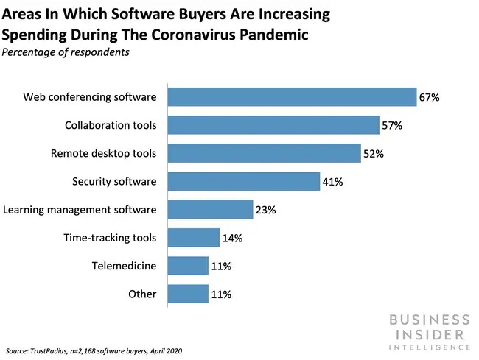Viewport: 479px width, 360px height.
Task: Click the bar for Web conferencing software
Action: point(293,97)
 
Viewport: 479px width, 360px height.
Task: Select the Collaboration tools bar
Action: point(273,125)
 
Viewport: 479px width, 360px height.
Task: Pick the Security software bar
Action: point(244,181)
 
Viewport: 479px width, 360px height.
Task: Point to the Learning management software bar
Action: point(211,210)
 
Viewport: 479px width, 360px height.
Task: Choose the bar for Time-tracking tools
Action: point(194,238)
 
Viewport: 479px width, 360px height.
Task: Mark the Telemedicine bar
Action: point(188,266)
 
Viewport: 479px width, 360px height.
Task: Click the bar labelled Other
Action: point(188,294)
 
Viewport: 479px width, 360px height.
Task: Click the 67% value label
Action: point(430,97)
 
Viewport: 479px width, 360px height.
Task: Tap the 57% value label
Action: point(392,126)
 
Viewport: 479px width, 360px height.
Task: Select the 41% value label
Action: point(332,182)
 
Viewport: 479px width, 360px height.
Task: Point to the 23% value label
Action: point(265,210)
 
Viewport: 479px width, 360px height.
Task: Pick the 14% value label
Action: point(231,238)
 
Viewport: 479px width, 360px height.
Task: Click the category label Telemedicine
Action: point(125,266)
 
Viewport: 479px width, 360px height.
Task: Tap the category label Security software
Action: point(114,181)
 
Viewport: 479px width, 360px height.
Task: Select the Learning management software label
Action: point(80,210)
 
